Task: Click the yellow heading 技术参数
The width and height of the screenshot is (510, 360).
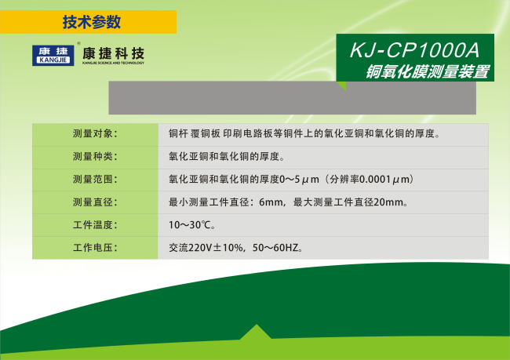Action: (91, 22)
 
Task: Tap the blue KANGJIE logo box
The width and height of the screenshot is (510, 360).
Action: (53, 55)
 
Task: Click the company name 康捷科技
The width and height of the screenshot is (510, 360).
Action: (113, 53)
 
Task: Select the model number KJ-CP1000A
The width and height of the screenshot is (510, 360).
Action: (415, 50)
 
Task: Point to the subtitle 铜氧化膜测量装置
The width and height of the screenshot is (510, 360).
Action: (428, 71)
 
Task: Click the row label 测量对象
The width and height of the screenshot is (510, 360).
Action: (95, 133)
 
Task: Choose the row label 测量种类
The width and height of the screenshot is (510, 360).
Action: (95, 156)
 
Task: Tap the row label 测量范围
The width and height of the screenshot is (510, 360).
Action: (95, 179)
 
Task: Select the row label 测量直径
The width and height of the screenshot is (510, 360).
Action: (95, 202)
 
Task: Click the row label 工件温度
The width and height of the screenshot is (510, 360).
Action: (95, 225)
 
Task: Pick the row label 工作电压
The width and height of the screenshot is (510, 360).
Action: (95, 248)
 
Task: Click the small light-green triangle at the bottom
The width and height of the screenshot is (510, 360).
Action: (256, 333)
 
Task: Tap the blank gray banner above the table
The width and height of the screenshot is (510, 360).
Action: (292, 98)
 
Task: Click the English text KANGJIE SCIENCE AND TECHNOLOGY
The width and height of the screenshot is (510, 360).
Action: (113, 63)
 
